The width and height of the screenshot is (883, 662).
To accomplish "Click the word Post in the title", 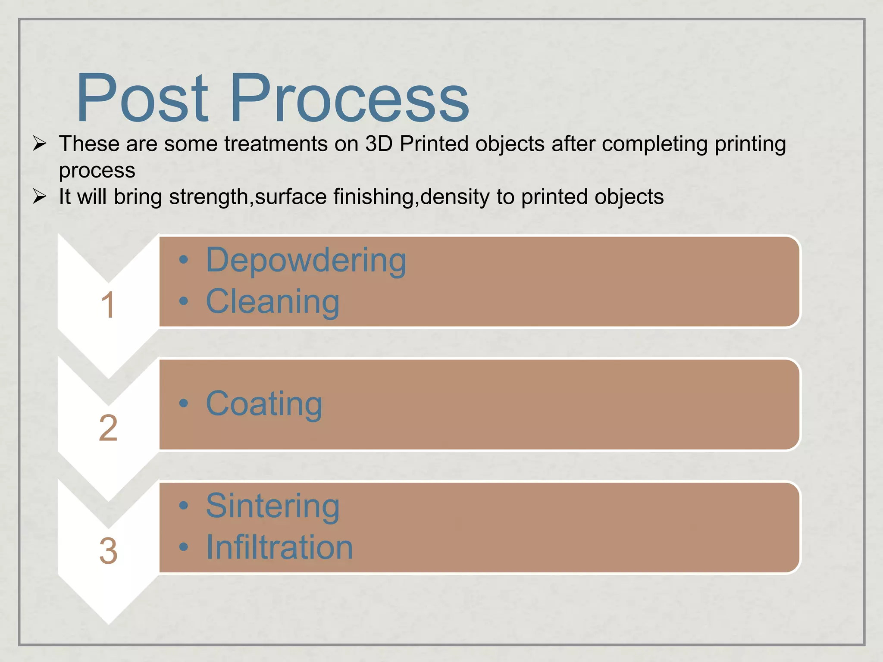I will click(142, 98).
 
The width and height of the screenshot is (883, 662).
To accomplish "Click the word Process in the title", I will click(349, 98).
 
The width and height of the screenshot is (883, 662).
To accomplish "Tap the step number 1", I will click(108, 305).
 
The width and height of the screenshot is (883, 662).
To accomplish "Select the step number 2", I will click(108, 428).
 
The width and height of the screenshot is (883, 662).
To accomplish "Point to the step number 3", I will click(108, 551).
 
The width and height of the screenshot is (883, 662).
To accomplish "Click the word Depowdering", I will click(306, 260).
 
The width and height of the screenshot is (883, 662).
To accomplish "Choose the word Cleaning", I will click(272, 302).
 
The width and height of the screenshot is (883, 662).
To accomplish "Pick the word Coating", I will click(264, 404).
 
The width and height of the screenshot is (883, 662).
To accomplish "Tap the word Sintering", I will click(272, 506).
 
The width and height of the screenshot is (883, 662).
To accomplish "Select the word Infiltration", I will click(279, 547).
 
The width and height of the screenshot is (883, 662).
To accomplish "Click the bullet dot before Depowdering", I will click(184, 259).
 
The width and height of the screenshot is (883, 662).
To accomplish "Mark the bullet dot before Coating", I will click(184, 403).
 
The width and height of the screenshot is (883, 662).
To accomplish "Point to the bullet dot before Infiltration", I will click(184, 547).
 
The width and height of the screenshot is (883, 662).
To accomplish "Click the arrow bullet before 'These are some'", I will click(40, 144).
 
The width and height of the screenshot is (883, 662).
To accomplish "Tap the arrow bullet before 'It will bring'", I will click(40, 197).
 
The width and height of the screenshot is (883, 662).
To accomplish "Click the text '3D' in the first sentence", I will click(379, 144).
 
